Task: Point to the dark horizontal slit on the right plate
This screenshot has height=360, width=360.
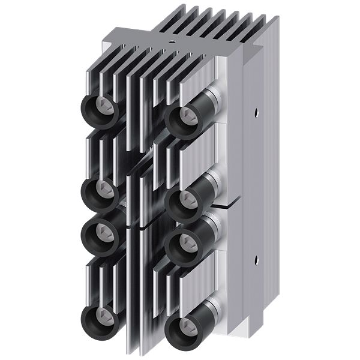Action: (231, 205)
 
